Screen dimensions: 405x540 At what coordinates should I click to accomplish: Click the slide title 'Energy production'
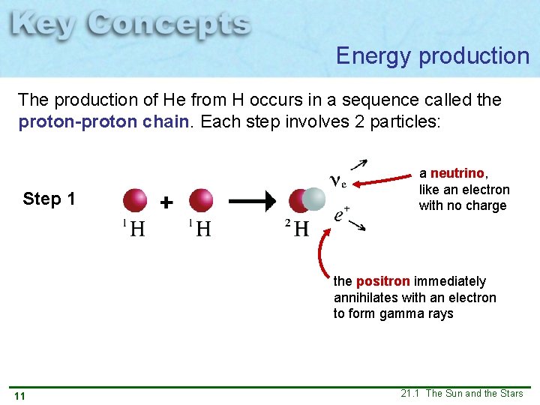(432, 56)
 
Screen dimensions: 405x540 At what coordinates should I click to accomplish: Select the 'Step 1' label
(49, 199)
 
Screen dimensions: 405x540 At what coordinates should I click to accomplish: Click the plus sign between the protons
(166, 202)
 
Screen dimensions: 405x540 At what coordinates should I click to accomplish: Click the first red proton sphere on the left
(135, 200)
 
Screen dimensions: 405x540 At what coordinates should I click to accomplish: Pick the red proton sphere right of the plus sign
(201, 200)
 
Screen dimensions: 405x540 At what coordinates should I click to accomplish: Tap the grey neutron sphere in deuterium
(313, 199)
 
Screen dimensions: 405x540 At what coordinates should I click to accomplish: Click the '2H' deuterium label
(297, 228)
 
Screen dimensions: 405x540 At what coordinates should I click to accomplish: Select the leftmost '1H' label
(133, 228)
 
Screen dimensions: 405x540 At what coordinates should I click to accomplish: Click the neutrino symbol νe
(337, 181)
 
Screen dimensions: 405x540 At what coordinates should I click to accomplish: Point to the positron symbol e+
(341, 214)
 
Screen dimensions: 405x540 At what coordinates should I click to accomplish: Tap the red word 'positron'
(382, 281)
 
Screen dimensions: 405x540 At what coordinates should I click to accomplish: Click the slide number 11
(19, 396)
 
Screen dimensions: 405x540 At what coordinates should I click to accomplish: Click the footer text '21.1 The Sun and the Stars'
(461, 394)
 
